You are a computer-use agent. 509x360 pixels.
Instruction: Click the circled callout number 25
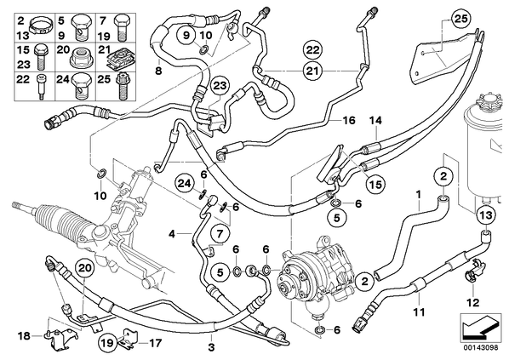pos(461,20)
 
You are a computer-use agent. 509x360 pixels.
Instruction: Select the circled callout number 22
pos(312,50)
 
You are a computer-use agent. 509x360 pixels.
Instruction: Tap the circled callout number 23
pos(220,86)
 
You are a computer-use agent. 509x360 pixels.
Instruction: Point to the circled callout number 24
pos(185,184)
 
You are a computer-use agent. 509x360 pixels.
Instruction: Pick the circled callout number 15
pos(375,185)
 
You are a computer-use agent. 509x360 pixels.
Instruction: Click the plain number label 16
pos(349,121)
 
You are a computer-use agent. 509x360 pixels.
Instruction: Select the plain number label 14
pos(375,121)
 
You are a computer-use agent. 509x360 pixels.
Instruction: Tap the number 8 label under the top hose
pos(158,70)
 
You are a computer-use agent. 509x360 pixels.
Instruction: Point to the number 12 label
pos(473,302)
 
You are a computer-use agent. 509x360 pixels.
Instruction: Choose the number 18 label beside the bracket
pos(24,336)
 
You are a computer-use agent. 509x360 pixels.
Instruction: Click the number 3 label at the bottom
pos(211,347)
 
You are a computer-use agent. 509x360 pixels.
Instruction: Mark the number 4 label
pos(172,233)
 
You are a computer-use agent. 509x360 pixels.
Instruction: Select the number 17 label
pos(155,343)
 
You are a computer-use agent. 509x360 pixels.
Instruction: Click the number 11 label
pos(419,312)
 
